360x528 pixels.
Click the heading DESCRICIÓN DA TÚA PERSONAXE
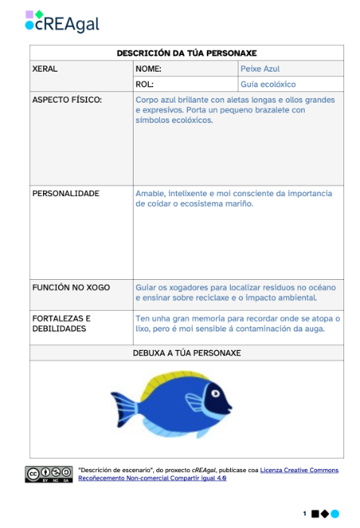click(186, 53)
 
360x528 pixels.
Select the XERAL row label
click(45, 69)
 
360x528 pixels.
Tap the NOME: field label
click(149, 69)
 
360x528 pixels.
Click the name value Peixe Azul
click(260, 69)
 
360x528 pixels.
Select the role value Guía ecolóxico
click(268, 84)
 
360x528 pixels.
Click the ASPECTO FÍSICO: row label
click(68, 100)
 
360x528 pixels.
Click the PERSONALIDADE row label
click(66, 194)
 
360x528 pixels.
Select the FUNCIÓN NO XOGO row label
click(71, 287)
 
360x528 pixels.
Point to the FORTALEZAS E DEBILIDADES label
click(61, 324)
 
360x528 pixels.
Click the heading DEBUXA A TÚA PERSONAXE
click(186, 352)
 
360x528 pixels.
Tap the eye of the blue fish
click(217, 392)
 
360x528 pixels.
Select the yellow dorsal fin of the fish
click(172, 378)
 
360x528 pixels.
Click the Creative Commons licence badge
click(48, 474)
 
